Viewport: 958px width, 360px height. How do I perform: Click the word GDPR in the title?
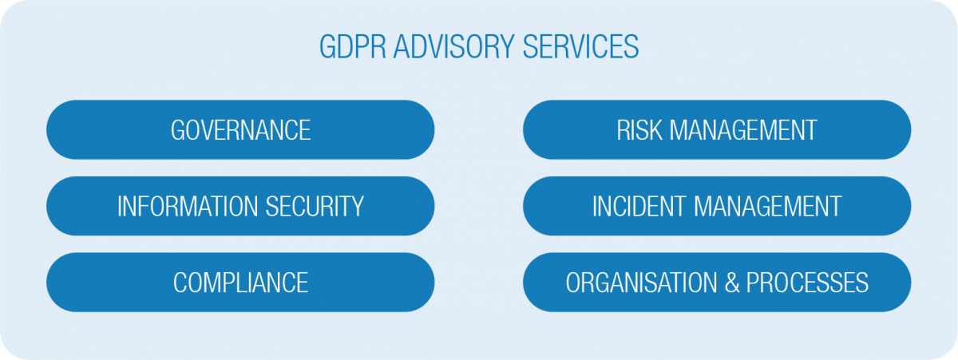click(x=352, y=46)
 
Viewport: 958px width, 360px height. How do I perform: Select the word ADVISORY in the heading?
click(x=453, y=46)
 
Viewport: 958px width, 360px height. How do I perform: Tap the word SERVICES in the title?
click(x=581, y=46)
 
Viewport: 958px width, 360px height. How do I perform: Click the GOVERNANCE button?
click(x=240, y=129)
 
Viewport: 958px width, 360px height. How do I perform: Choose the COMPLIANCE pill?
click(x=240, y=283)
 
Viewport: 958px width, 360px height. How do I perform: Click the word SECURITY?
click(x=315, y=206)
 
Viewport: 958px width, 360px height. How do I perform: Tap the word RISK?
click(x=639, y=130)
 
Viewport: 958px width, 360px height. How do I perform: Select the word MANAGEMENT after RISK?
click(x=743, y=130)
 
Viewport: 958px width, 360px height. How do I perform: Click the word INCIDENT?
click(x=639, y=206)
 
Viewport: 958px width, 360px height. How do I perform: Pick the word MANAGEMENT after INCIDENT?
click(x=768, y=206)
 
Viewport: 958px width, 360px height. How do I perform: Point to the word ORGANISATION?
click(x=641, y=283)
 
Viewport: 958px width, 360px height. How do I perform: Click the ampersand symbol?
click(x=732, y=283)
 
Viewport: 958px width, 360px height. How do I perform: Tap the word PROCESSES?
click(x=807, y=283)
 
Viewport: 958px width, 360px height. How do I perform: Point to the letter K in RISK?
click(x=655, y=130)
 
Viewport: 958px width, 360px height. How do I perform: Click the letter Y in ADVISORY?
click(x=507, y=46)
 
